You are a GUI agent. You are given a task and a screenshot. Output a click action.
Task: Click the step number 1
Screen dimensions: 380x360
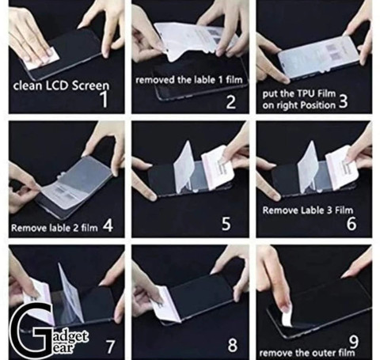coord(105,99)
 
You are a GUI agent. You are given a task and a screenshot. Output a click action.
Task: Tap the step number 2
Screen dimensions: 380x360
coord(231,102)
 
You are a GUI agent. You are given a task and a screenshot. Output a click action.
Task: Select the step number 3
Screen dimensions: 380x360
coord(343,101)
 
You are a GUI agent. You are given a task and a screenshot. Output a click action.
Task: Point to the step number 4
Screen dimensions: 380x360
coord(108,225)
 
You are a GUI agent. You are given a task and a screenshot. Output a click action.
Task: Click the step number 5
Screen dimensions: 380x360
coord(226,224)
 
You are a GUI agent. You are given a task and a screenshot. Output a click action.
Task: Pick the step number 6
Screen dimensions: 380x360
coord(351,224)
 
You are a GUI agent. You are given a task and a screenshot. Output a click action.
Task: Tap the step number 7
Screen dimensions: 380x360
coord(110,347)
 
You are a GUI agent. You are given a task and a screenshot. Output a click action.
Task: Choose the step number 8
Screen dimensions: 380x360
coord(233,345)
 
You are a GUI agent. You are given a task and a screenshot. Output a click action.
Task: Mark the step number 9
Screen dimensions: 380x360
coord(354,342)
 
